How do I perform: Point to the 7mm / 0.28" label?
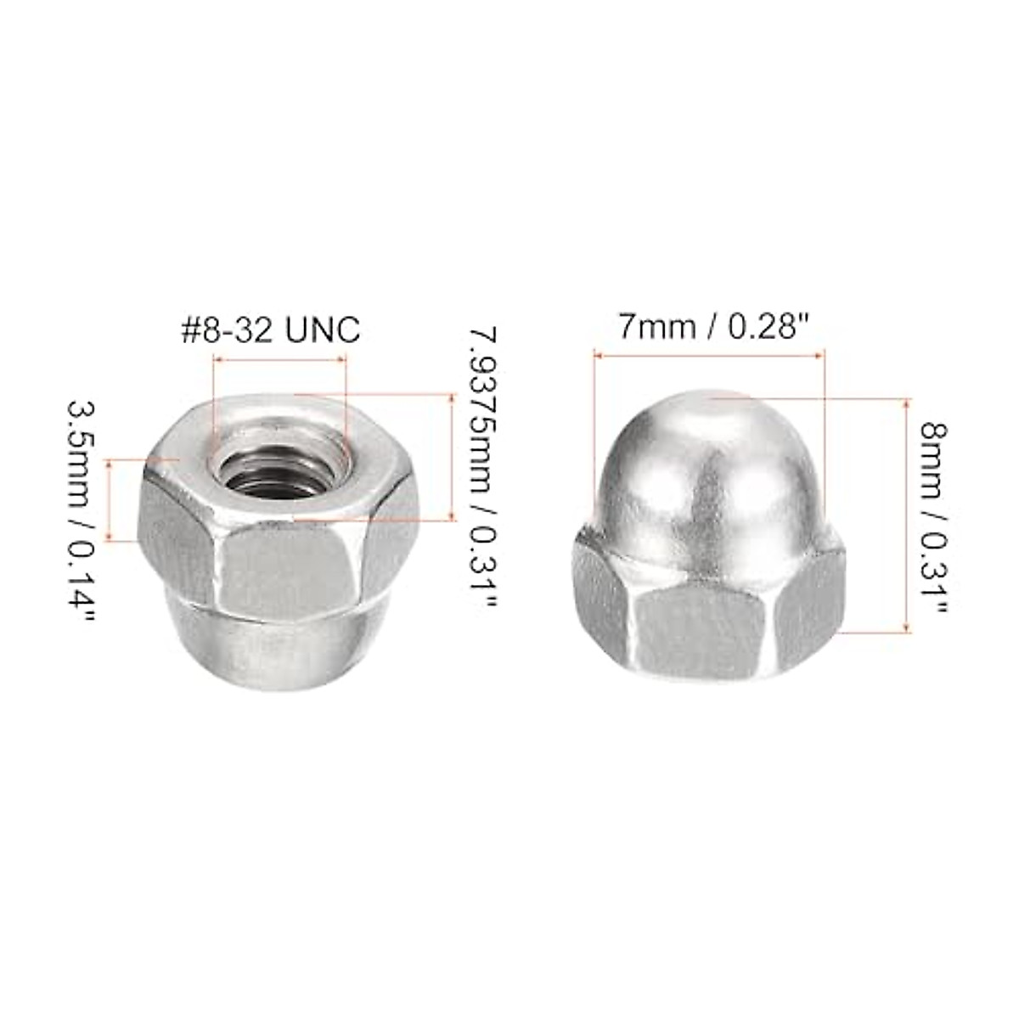click(x=710, y=325)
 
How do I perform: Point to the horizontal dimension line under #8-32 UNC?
click(x=280, y=360)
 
